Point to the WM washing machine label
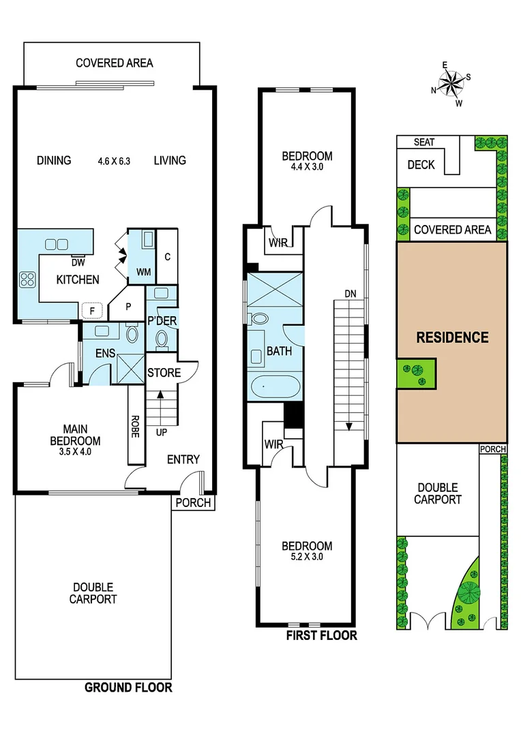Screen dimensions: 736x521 click(x=144, y=272)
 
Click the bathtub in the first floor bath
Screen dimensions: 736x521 click(x=273, y=387)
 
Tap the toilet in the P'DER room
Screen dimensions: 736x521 click(x=162, y=338)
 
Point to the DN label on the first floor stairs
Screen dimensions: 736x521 click(x=350, y=293)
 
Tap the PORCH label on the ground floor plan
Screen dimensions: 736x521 click(x=194, y=504)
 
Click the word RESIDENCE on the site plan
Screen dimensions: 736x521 click(x=452, y=337)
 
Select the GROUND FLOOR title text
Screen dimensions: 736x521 click(x=128, y=688)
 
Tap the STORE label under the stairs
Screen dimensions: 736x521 click(x=164, y=373)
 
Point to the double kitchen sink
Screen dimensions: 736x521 click(x=56, y=244)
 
